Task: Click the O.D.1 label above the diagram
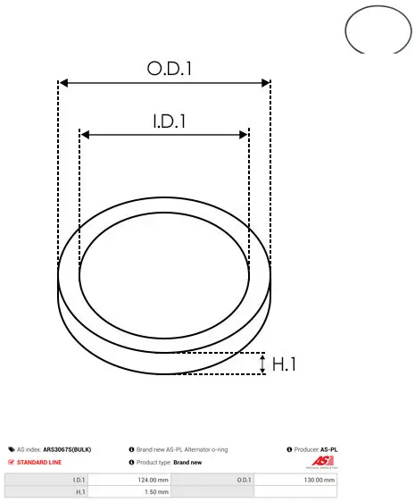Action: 170,68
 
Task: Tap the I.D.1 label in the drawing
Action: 170,121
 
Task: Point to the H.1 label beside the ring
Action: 284,364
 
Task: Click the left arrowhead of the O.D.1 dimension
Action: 64,83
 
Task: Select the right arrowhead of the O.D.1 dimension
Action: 266,83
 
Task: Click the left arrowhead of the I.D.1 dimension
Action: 85,135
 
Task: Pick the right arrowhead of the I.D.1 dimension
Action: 244,135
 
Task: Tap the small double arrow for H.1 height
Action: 262,364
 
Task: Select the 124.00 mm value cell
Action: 129,480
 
